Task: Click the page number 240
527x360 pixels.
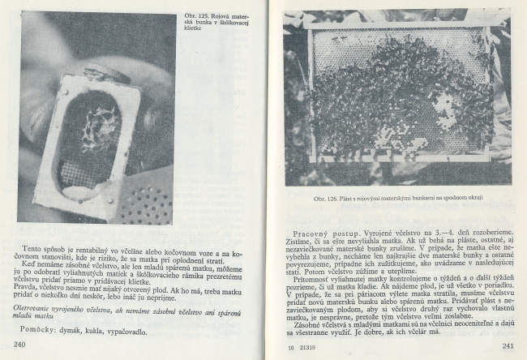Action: (22, 345)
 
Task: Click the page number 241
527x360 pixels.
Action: (508, 346)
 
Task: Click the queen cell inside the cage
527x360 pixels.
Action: (91, 130)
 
